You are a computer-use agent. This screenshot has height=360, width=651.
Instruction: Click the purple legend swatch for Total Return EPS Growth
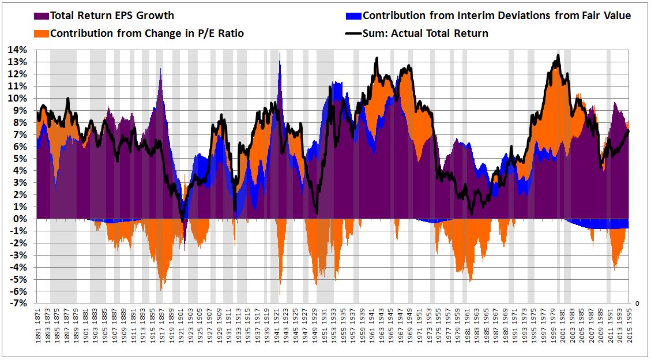(42, 16)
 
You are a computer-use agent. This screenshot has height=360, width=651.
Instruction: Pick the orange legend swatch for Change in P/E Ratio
(42, 33)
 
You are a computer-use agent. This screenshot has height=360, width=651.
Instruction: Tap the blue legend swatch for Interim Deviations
(354, 16)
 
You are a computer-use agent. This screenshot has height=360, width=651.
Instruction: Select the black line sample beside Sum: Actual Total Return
(354, 33)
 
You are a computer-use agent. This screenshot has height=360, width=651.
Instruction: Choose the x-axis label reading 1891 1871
(38, 323)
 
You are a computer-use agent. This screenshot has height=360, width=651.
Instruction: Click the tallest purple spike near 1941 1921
(280, 54)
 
